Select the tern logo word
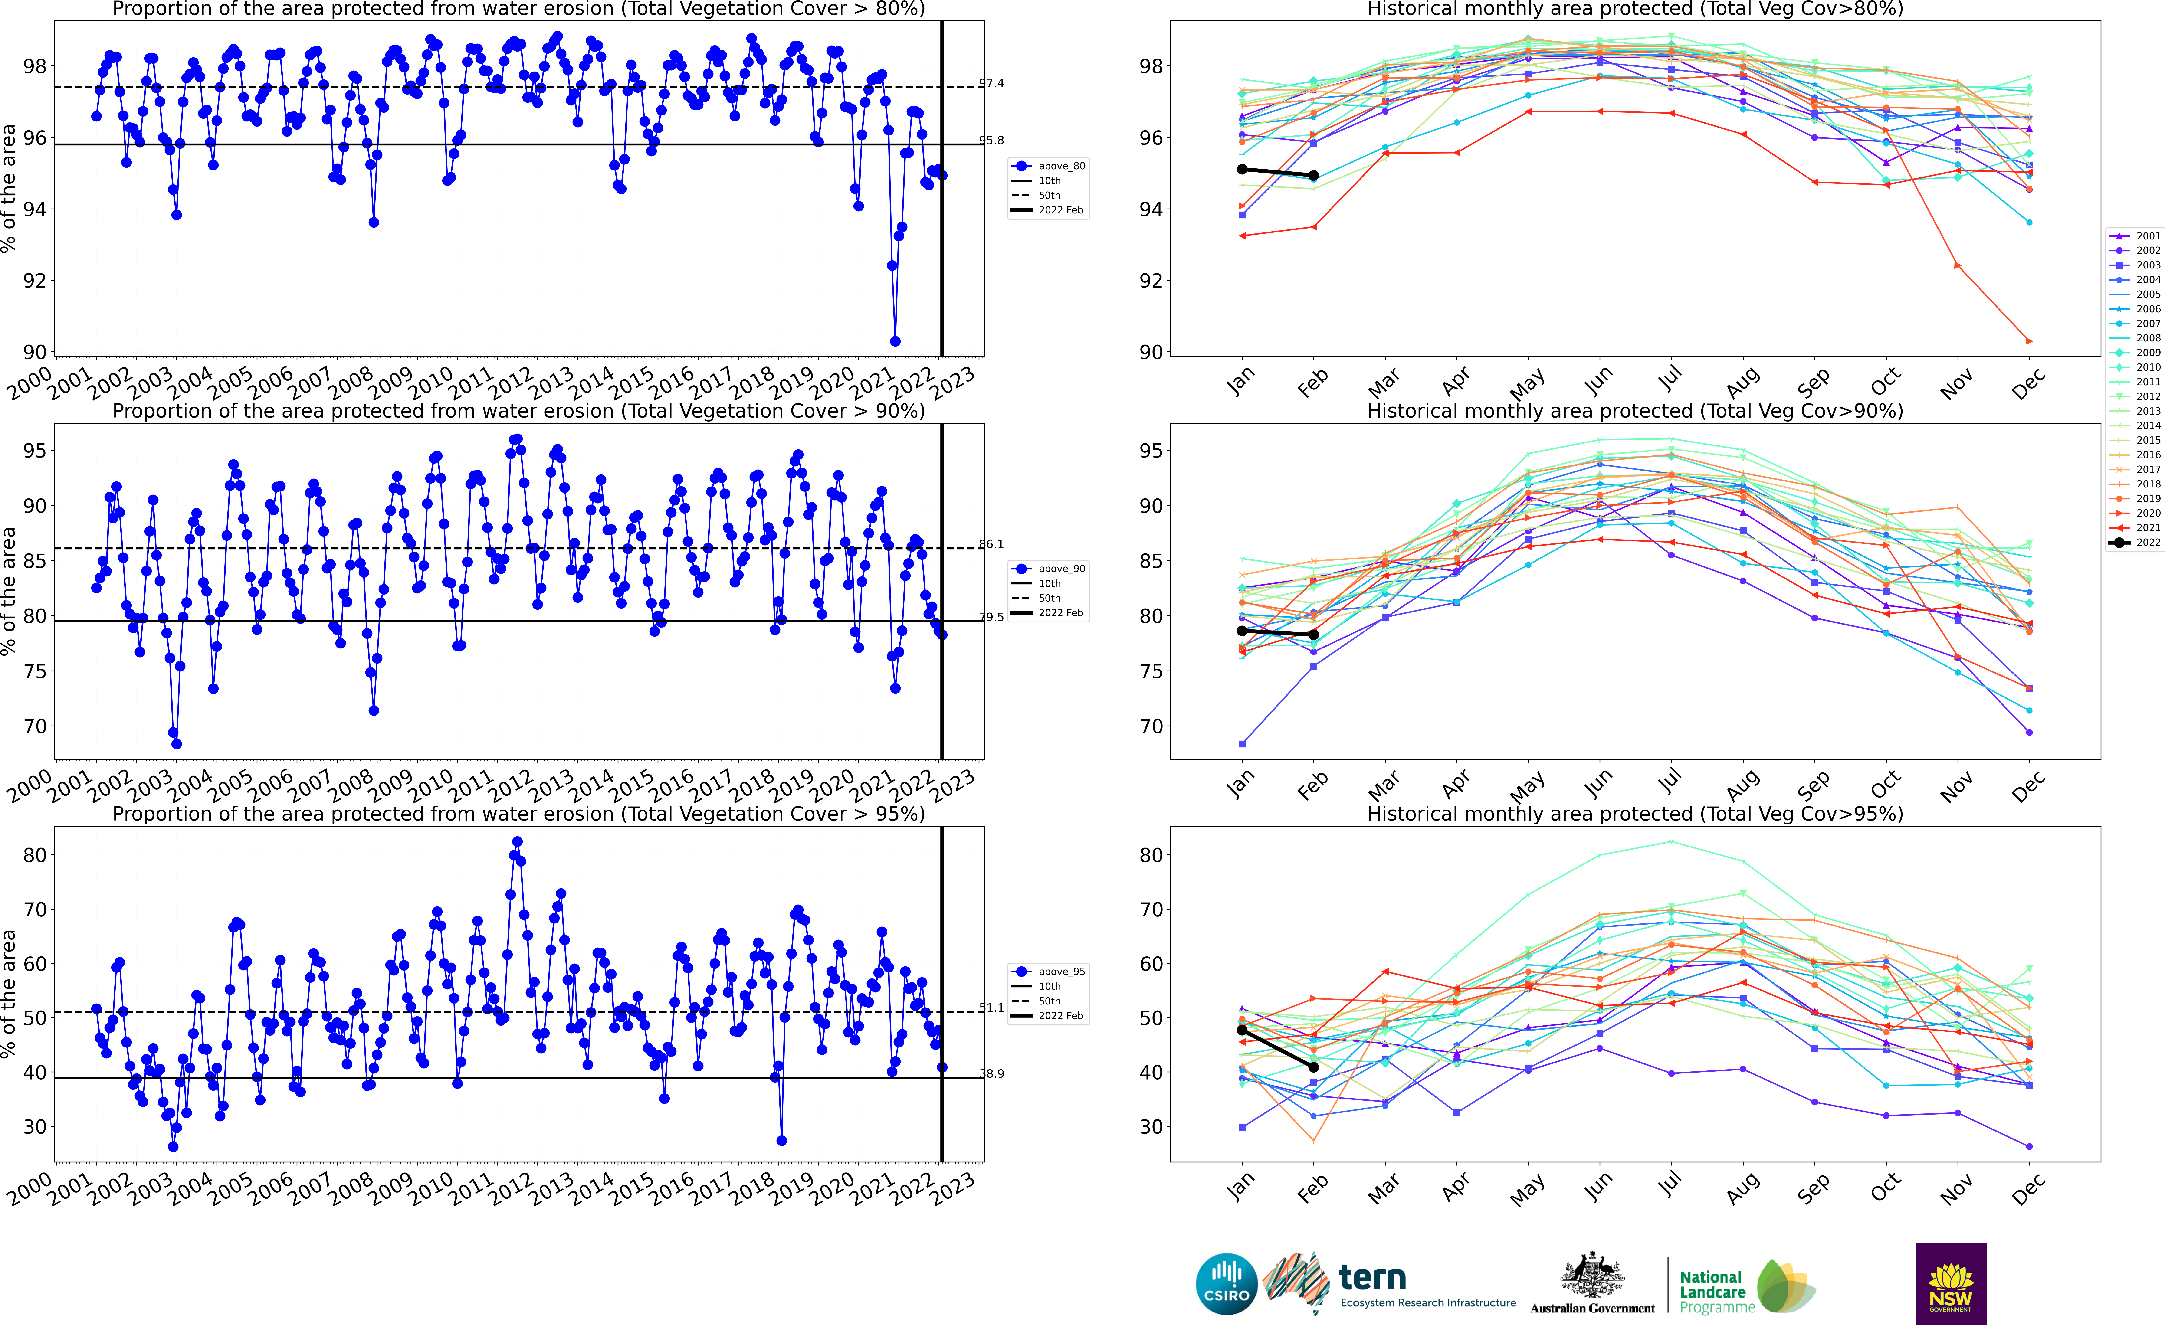pos(1372,1277)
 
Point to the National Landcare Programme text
pos(1712,1292)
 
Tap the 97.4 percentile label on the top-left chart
pos(991,83)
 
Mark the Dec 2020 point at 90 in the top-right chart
pos(2029,341)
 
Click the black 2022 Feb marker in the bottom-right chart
pos(1314,1067)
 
